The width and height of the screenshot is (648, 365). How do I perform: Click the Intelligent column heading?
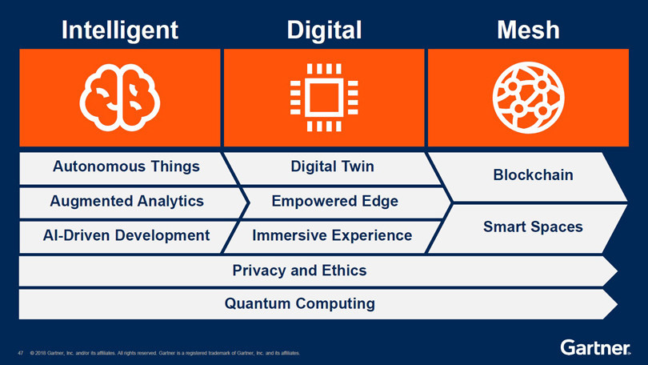click(x=120, y=30)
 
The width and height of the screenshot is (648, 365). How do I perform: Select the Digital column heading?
click(x=325, y=30)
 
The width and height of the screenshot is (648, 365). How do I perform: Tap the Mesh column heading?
click(x=528, y=30)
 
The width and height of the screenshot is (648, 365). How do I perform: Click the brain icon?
click(x=120, y=98)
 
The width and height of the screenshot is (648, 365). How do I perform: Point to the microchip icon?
click(x=324, y=98)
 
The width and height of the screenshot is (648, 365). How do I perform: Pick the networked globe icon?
click(x=528, y=98)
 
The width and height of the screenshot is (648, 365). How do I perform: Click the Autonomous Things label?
click(x=126, y=166)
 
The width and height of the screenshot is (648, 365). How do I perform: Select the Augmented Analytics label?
click(x=127, y=201)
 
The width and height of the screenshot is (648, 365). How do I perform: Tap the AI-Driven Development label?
click(x=126, y=235)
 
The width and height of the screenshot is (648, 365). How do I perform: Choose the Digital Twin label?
click(x=332, y=166)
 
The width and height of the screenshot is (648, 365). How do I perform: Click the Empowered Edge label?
click(x=334, y=201)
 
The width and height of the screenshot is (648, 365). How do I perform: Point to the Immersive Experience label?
click(x=332, y=235)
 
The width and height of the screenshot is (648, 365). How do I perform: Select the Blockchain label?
click(x=533, y=174)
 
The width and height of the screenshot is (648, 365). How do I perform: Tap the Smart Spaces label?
click(x=533, y=227)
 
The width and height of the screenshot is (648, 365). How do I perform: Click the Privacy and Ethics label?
click(x=300, y=271)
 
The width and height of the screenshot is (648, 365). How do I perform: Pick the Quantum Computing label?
click(x=300, y=304)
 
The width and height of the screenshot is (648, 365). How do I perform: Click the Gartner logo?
click(x=595, y=347)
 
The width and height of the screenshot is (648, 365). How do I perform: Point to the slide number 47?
click(x=21, y=353)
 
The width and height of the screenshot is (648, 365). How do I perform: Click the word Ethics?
click(x=344, y=271)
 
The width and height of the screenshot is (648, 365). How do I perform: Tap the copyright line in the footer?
click(x=165, y=353)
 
